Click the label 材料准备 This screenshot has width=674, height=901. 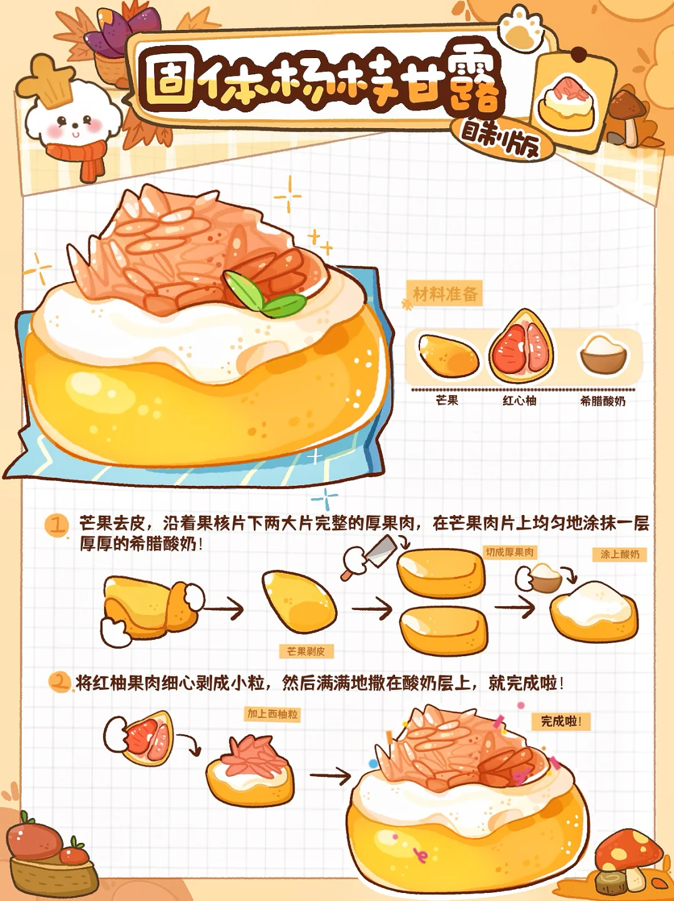click(445, 294)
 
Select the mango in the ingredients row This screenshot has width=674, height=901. click(448, 356)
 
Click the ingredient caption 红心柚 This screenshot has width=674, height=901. click(520, 401)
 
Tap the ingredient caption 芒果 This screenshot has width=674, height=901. click(447, 400)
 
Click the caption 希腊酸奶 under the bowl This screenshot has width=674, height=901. click(603, 401)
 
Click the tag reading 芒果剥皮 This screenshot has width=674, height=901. click(306, 651)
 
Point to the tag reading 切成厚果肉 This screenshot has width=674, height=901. click(510, 552)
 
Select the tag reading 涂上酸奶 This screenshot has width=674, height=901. click(620, 554)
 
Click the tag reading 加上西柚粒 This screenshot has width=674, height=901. click(272, 714)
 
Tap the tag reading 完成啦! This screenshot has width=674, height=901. click(561, 721)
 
